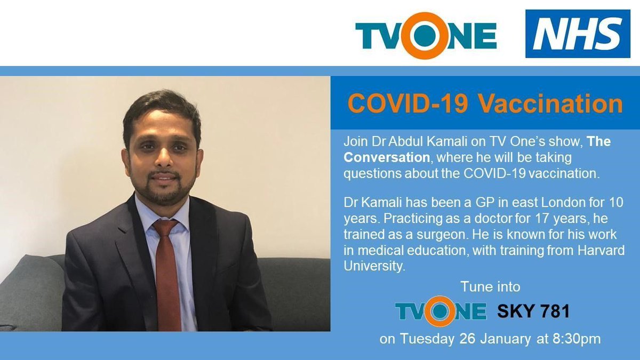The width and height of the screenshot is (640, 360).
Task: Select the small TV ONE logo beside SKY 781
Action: [441, 311]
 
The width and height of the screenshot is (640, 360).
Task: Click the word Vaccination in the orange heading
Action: [563, 104]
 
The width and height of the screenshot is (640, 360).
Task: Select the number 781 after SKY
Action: [552, 311]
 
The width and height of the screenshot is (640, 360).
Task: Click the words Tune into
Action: [490, 287]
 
